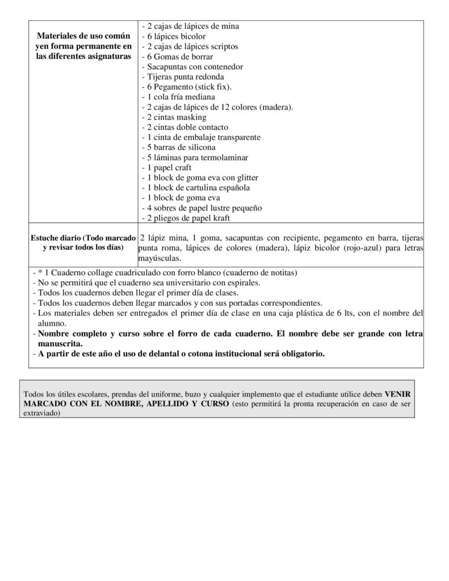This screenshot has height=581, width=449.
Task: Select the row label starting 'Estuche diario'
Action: pos(83,242)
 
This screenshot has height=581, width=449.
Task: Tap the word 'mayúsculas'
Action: pos(160,258)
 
